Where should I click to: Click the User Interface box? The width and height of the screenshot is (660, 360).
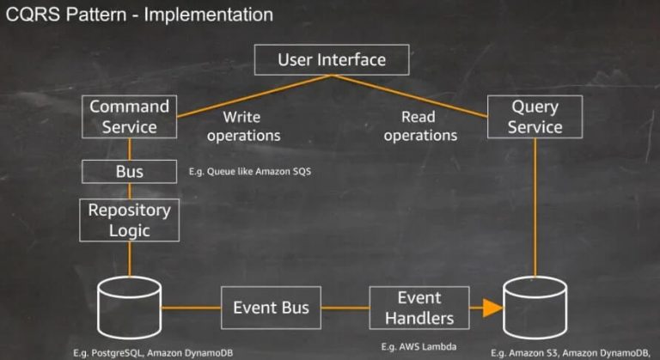click(331, 60)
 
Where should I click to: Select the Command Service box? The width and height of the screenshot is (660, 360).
click(130, 117)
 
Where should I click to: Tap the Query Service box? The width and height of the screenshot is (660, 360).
click(535, 117)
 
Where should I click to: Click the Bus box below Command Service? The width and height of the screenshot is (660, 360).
click(130, 172)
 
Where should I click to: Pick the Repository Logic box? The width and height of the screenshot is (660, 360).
click(130, 220)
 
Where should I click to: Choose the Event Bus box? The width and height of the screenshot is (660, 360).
click(271, 308)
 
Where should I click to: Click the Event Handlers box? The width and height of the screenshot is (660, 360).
click(419, 308)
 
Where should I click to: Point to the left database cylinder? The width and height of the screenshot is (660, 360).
click(130, 308)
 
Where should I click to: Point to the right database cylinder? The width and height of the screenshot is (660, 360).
click(535, 309)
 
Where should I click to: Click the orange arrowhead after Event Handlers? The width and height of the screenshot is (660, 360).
click(490, 308)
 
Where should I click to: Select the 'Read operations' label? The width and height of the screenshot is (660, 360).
click(419, 126)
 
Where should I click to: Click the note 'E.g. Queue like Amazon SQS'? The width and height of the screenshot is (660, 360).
click(249, 172)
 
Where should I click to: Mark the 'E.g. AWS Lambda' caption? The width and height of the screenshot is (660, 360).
click(419, 346)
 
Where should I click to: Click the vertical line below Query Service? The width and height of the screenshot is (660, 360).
click(535, 206)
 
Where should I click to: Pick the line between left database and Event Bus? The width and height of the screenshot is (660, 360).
click(191, 308)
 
